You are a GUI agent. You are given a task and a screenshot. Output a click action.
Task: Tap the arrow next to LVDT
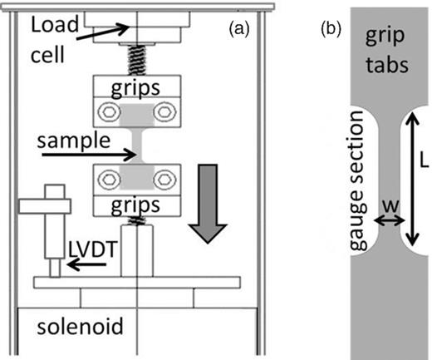coord(86,265)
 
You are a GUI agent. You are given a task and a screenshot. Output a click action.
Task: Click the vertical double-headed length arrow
coord(409,181)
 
